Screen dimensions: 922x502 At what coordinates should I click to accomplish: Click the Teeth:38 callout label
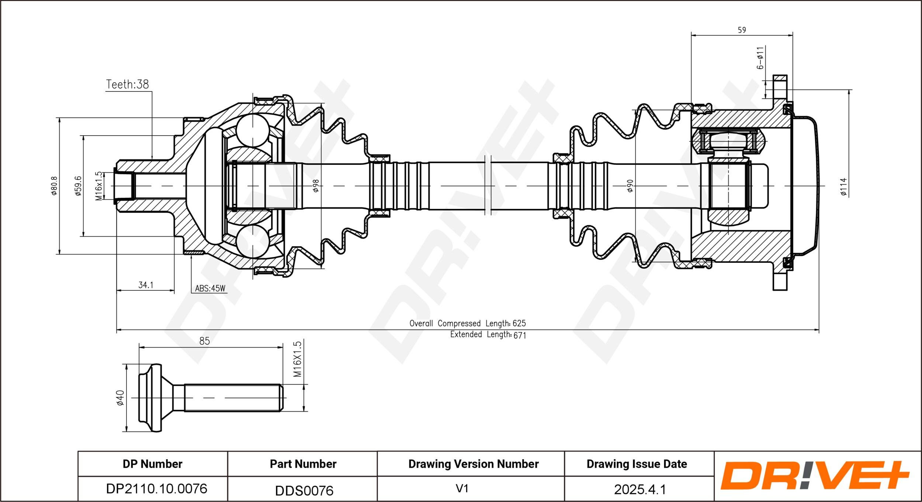128,84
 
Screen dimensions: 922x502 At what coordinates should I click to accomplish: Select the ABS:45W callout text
210,288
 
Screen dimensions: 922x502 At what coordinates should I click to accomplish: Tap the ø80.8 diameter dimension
54,185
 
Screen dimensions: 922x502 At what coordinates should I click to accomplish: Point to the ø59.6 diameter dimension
78,185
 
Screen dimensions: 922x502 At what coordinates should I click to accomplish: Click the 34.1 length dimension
146,285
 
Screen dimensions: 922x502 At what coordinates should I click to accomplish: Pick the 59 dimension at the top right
742,30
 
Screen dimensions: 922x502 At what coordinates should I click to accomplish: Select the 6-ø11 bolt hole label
760,58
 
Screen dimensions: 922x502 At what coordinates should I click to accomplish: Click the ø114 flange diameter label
844,186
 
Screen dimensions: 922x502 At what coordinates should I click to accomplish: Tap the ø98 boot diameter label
316,186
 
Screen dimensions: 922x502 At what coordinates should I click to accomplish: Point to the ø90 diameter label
630,186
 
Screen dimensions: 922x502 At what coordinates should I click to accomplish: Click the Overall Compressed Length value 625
519,323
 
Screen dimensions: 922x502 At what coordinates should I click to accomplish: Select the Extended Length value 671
520,335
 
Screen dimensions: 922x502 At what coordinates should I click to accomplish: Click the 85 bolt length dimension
204,341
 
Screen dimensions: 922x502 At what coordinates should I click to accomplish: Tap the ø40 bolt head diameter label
120,398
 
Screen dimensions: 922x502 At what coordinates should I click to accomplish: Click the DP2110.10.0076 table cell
157,489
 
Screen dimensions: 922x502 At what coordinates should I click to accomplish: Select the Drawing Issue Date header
637,464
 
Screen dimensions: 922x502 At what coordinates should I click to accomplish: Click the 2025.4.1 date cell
640,489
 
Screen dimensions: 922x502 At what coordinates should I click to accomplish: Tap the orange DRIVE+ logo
815,475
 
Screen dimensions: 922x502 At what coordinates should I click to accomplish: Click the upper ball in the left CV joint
253,130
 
